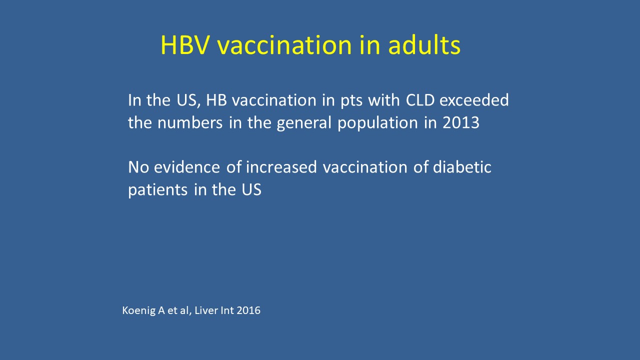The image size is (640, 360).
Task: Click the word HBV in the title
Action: [x=184, y=45]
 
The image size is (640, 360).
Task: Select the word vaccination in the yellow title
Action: [x=284, y=45]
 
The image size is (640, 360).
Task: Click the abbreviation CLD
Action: [x=420, y=100]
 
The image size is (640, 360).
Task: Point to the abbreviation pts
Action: [x=351, y=101]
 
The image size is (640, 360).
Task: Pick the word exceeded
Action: [x=474, y=100]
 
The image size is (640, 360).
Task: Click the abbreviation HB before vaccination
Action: [x=216, y=100]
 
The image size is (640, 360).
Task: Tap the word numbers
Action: [x=190, y=122]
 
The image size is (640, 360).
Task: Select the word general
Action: [x=304, y=123]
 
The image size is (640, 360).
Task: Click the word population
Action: [x=377, y=123]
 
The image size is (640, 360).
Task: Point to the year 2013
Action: [x=460, y=122]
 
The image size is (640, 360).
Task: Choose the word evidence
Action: [x=187, y=167]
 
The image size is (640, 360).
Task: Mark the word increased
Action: [x=281, y=167]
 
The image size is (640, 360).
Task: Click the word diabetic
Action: [x=462, y=167]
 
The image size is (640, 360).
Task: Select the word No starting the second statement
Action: [x=138, y=167]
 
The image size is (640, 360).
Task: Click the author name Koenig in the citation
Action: [x=139, y=310]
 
